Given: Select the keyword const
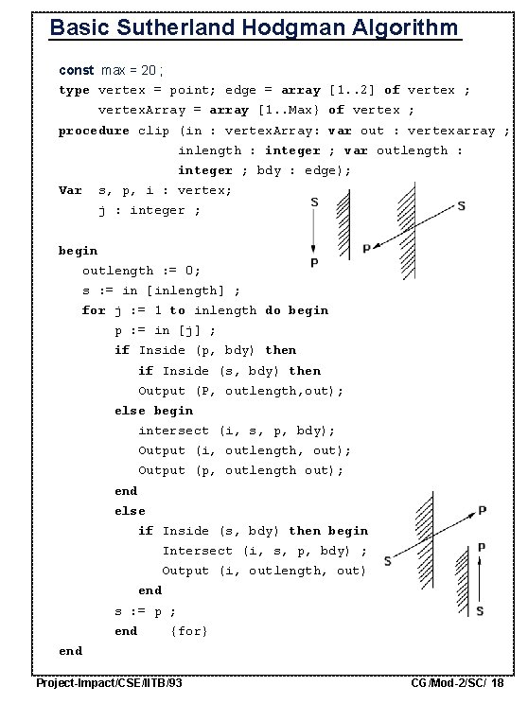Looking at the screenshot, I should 76,70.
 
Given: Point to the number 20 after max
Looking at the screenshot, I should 153,70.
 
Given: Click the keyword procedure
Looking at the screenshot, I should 94,131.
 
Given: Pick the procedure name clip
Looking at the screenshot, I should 154,131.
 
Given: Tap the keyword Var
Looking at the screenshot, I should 70,190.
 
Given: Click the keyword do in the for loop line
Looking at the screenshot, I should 273,310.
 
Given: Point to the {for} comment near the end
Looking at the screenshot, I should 188,631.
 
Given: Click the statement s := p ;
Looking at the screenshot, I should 146,611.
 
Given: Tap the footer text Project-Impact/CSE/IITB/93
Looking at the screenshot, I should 109,683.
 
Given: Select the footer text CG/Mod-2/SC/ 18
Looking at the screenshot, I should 458,683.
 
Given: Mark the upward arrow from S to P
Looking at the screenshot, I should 481,580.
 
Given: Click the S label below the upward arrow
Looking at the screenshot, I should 481,611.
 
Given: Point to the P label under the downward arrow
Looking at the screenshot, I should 314,261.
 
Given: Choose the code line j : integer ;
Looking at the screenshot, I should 150,210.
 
